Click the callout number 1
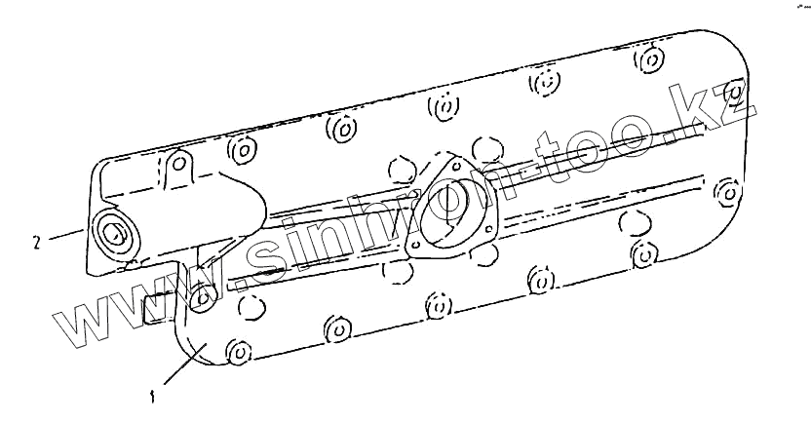click(153, 397)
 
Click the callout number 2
click(36, 241)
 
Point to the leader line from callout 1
click(180, 367)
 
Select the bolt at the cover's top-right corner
click(737, 93)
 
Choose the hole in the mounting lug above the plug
click(177, 165)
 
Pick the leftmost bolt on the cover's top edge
click(241, 150)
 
